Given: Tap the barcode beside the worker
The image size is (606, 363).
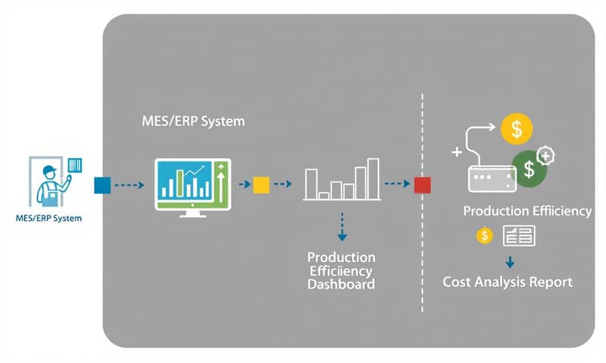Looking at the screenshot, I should [74, 166].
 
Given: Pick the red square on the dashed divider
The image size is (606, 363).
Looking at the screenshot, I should [422, 184].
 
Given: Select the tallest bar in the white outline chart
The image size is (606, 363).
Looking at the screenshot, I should [373, 178].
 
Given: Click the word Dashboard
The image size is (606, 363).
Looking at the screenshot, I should [341, 285].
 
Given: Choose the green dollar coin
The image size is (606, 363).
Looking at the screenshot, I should [530, 169].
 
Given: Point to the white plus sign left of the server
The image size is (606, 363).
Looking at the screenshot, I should [457, 152].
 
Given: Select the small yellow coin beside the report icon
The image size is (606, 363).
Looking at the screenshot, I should [484, 236].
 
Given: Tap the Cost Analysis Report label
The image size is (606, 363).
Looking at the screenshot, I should [507, 282].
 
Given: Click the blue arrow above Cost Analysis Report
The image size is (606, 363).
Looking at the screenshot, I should [510, 262].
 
